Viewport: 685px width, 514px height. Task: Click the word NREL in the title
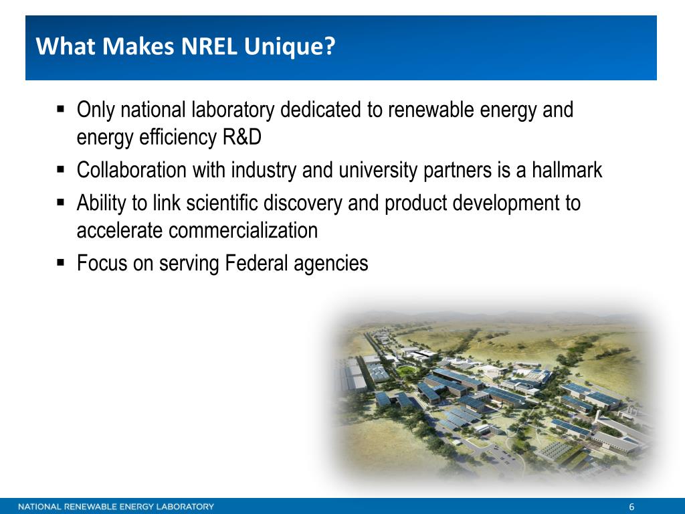[x=209, y=46]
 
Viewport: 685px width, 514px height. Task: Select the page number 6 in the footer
[x=631, y=507]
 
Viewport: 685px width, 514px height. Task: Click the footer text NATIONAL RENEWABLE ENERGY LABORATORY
[x=116, y=507]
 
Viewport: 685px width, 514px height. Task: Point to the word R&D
[x=242, y=137]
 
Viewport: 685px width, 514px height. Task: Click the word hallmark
[x=567, y=169]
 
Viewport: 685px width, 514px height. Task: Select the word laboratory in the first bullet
[x=233, y=110]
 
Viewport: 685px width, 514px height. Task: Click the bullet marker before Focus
[x=61, y=262]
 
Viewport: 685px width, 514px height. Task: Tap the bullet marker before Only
[x=61, y=108]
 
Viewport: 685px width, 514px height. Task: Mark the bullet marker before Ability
[x=61, y=202]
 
